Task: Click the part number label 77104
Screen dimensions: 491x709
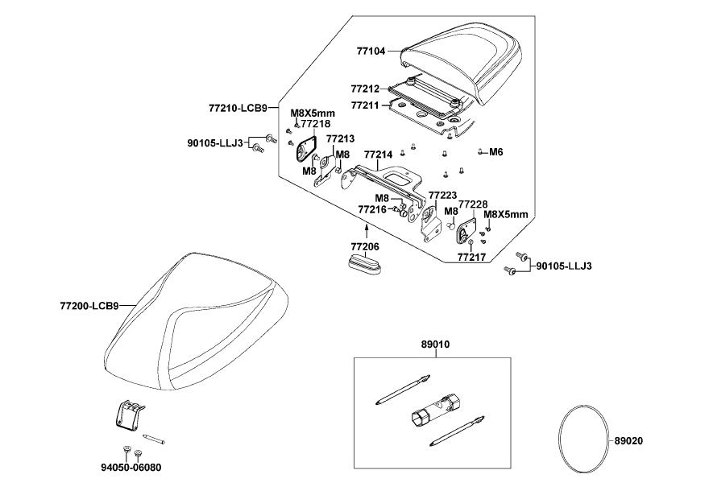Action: (372, 51)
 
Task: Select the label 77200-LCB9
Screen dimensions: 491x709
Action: (89, 306)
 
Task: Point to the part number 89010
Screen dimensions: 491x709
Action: (435, 344)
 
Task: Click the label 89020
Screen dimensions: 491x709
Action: (628, 441)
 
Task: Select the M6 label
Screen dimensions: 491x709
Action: (496, 151)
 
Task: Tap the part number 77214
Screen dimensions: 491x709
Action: (378, 154)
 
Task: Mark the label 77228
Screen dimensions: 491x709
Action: (472, 205)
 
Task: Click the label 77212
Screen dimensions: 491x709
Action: (366, 88)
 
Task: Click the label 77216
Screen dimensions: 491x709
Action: (372, 209)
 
